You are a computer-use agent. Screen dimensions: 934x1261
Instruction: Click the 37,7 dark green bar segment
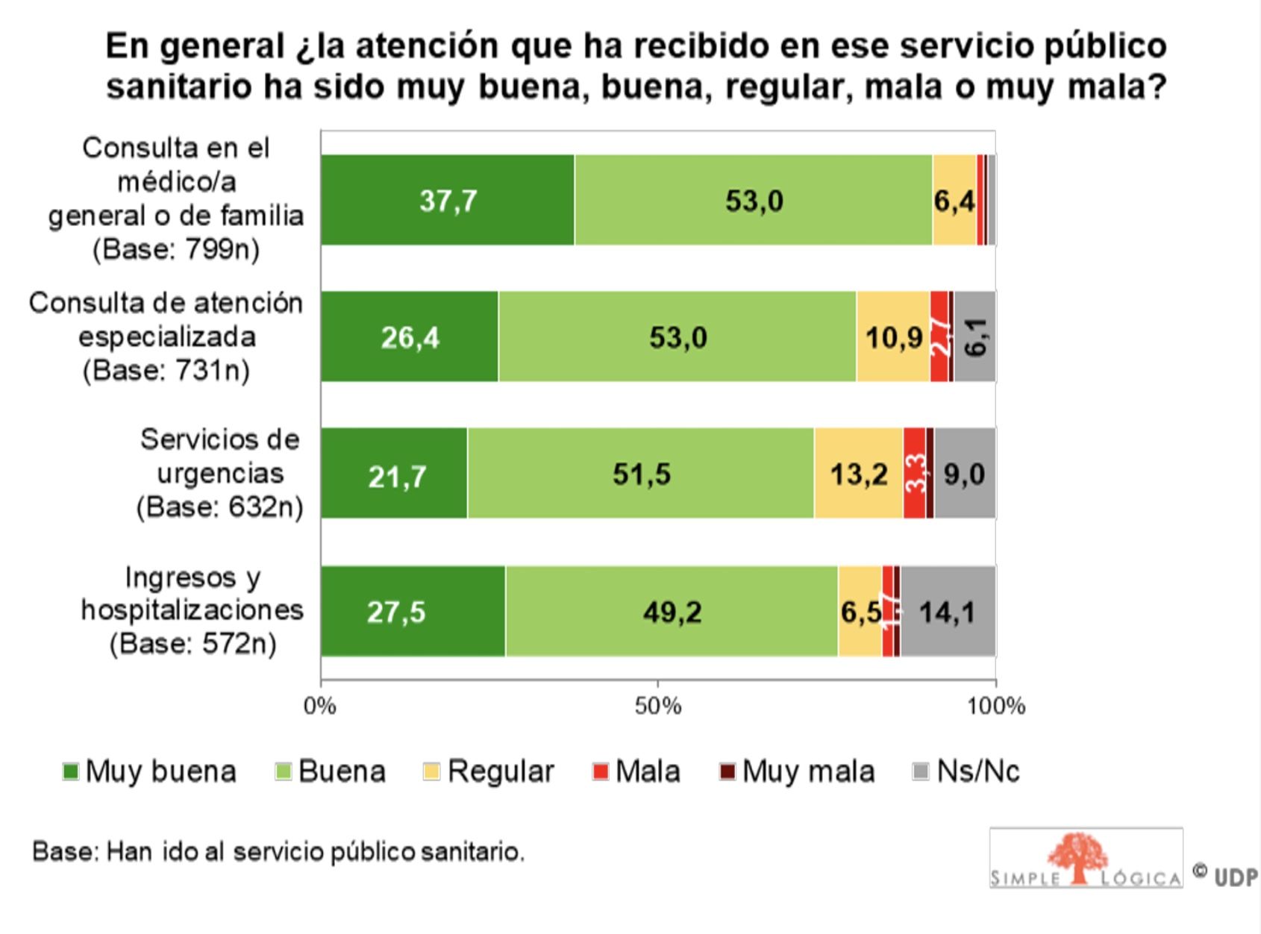click(x=448, y=201)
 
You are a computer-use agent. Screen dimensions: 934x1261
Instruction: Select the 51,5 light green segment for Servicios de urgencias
click(x=641, y=474)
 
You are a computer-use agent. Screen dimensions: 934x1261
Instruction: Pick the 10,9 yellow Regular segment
click(x=893, y=338)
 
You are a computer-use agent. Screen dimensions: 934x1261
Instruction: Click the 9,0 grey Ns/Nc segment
click(x=965, y=474)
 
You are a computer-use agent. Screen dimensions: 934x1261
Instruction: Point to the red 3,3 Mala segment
click(x=915, y=474)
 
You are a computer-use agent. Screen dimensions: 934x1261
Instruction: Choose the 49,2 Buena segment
click(x=672, y=612)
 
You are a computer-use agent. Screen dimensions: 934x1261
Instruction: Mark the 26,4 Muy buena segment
click(x=410, y=338)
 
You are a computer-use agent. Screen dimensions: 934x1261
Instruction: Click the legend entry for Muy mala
click(x=797, y=771)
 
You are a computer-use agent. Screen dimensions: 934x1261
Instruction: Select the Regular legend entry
click(x=489, y=771)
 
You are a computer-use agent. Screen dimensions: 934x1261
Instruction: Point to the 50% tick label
click(x=658, y=706)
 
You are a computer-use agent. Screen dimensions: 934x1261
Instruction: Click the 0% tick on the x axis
click(x=320, y=706)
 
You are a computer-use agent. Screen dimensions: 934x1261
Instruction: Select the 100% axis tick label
click(x=996, y=706)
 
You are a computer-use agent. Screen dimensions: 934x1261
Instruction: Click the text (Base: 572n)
click(x=193, y=643)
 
